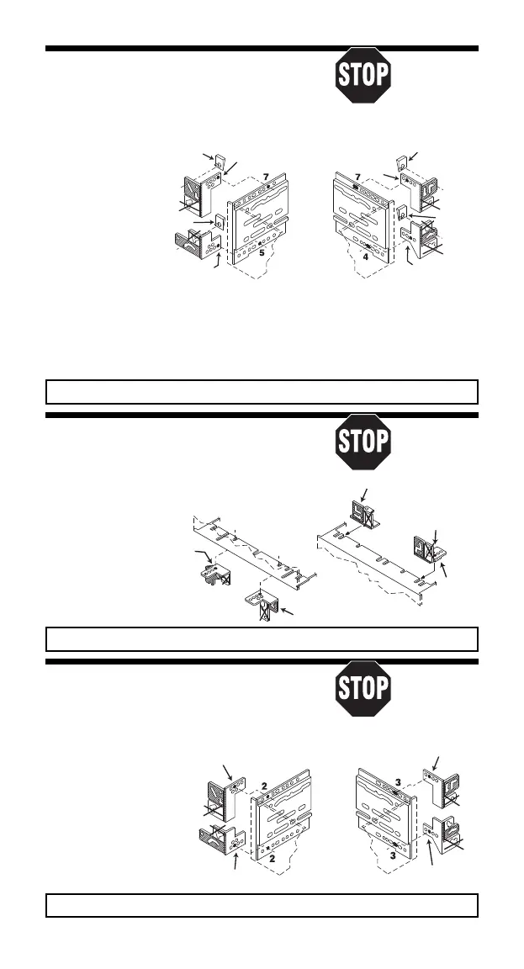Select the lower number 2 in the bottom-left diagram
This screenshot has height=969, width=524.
click(262, 861)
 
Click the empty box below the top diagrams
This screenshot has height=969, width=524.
click(262, 393)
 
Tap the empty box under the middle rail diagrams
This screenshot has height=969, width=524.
click(262, 638)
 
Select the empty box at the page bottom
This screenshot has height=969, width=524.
click(262, 904)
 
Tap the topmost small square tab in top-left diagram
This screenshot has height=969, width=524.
click(220, 162)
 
